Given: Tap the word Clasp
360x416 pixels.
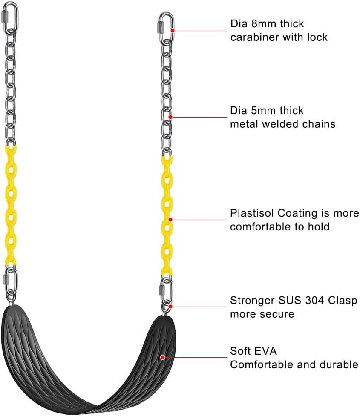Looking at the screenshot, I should point(343,300).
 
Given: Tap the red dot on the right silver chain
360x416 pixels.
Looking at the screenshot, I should point(170,117).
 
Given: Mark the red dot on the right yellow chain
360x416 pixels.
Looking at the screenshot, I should point(170,220).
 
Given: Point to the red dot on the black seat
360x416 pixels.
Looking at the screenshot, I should point(162,357).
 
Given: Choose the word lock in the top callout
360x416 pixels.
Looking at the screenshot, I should point(317,37).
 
